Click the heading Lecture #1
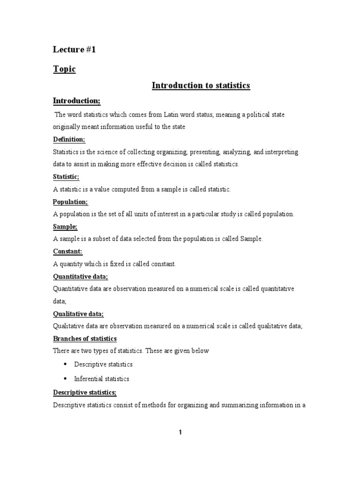click(74, 50)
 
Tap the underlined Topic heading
click(64, 69)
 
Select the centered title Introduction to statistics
click(201, 85)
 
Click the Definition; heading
click(69, 140)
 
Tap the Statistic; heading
click(66, 177)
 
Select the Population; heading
click(70, 202)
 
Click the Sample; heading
click(65, 226)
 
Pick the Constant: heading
click(68, 252)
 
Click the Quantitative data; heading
click(80, 277)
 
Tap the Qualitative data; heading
click(78, 314)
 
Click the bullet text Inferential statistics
click(102, 379)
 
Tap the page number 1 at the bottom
click(180, 433)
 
